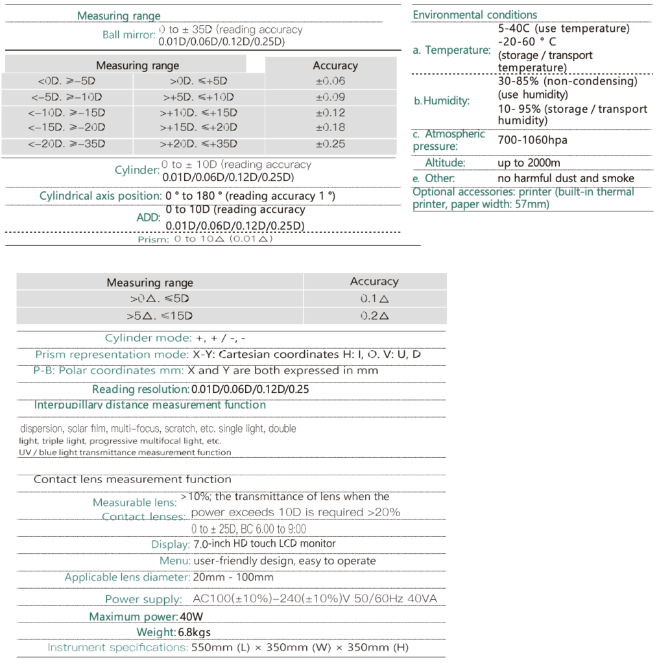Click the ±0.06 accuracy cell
click(x=330, y=81)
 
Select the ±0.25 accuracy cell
click(x=330, y=144)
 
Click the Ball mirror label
click(x=128, y=35)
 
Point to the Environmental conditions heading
click(x=475, y=14)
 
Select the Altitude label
click(x=445, y=163)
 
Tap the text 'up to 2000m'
click(x=529, y=163)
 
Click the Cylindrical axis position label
click(x=101, y=195)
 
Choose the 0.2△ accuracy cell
click(x=374, y=316)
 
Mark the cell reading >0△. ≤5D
click(x=159, y=300)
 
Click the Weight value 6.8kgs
click(x=194, y=632)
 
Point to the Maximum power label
click(x=133, y=617)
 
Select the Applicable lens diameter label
click(x=127, y=577)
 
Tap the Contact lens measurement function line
click(x=132, y=479)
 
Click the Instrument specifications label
click(x=117, y=647)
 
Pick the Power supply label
click(x=143, y=599)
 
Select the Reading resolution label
click(x=140, y=389)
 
